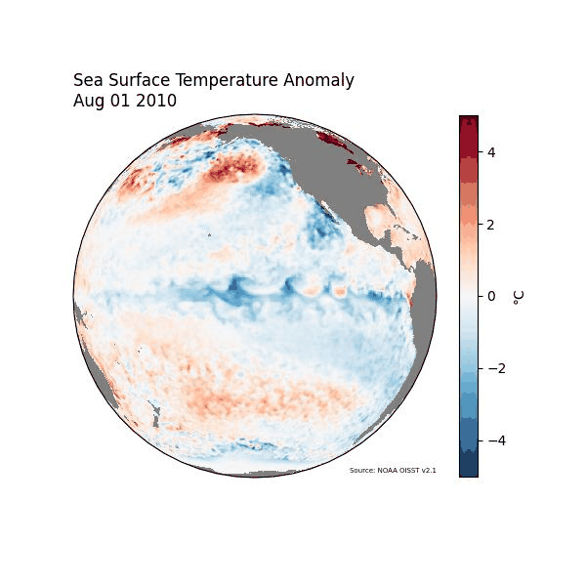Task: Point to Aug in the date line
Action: click(x=89, y=101)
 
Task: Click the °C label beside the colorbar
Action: click(x=519, y=296)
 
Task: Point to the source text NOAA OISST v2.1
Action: click(x=393, y=471)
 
